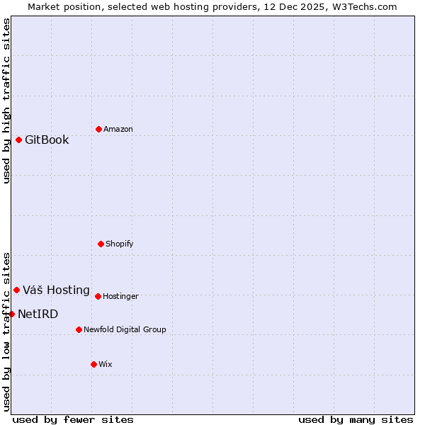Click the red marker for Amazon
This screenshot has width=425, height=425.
point(98,129)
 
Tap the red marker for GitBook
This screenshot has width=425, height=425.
point(18,140)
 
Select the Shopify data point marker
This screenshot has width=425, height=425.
point(101,244)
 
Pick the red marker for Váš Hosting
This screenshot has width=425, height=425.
point(16,290)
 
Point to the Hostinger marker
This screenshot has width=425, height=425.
point(98,296)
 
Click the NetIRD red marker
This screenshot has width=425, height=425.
point(11,314)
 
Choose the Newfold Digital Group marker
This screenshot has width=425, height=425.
point(79,329)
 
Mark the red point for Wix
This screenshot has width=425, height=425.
point(93,364)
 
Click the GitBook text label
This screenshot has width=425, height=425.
point(47,140)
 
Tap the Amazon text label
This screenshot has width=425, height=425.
point(118,129)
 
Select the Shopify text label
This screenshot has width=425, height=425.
point(120,244)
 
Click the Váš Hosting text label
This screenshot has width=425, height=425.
point(56,290)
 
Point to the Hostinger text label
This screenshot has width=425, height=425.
point(120,296)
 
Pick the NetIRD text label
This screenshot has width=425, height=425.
point(38,314)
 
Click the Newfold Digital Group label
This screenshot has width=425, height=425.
point(125,329)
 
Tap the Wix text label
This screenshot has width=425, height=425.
point(106,364)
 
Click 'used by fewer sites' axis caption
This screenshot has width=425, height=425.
point(73,419)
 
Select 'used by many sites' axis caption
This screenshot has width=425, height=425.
point(356,419)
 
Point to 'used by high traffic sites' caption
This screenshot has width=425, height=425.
point(6,101)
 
